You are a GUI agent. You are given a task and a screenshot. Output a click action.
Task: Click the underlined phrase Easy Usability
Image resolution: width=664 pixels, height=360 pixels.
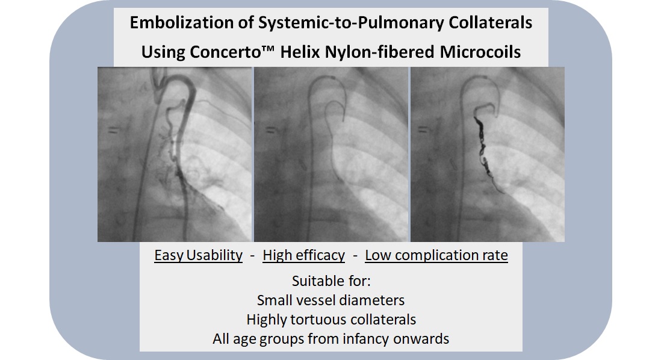click(x=198, y=256)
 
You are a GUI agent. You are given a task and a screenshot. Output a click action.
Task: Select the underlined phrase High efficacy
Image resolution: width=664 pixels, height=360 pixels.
click(x=303, y=256)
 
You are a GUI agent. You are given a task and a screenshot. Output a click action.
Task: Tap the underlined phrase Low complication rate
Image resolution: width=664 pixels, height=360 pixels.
click(x=436, y=256)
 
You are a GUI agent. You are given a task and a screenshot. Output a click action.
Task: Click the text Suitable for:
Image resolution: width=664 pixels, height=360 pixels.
click(x=330, y=281)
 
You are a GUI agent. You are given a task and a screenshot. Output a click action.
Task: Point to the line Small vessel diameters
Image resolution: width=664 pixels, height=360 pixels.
click(x=330, y=300)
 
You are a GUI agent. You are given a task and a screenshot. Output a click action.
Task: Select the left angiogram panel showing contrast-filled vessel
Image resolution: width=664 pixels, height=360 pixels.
click(x=175, y=154)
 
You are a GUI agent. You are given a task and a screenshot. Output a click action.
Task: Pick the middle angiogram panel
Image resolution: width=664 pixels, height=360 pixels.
click(x=330, y=154)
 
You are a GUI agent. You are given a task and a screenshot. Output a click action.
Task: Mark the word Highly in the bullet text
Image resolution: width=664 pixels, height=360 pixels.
click(x=267, y=319)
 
